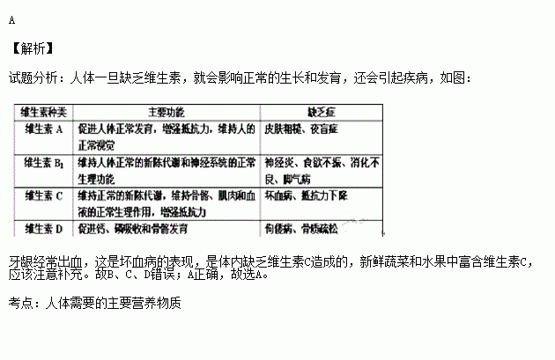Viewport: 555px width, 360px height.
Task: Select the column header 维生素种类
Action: pos(45,113)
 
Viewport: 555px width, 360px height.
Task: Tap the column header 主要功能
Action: pos(166,113)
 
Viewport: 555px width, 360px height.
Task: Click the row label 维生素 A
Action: pos(43,129)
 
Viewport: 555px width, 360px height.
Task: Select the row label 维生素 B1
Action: pos(44,164)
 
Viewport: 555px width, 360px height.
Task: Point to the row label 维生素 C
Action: pos(43,196)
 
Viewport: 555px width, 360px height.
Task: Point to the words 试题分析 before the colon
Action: pos(33,77)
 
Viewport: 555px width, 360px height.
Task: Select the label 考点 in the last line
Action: pos(20,302)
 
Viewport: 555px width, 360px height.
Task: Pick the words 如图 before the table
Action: pos(459,77)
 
